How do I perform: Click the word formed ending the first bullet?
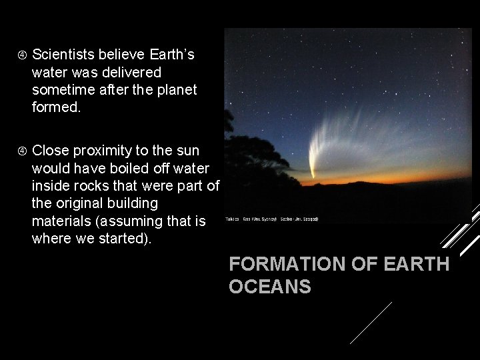click(56, 106)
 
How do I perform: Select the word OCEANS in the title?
click(270, 287)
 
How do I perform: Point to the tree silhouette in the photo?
click(240, 167)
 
